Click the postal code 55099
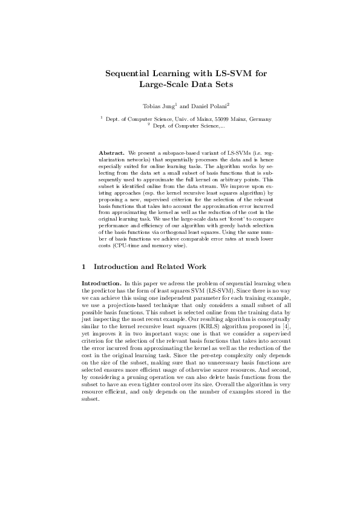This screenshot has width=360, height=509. click(x=220, y=120)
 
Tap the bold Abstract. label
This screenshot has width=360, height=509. click(x=112, y=154)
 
